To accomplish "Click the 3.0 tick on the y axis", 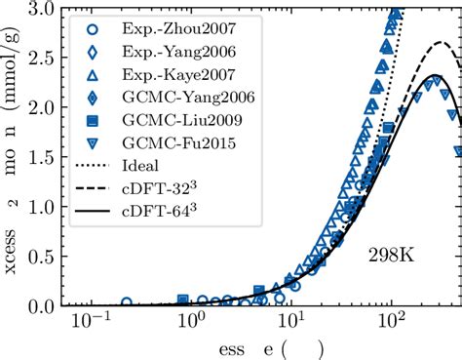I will click(x=40, y=9).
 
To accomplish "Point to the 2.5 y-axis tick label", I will click(x=40, y=59).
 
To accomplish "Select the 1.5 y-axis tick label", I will click(x=40, y=158).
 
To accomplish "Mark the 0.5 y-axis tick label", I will click(x=40, y=257).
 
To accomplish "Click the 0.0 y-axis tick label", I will click(x=40, y=306).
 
